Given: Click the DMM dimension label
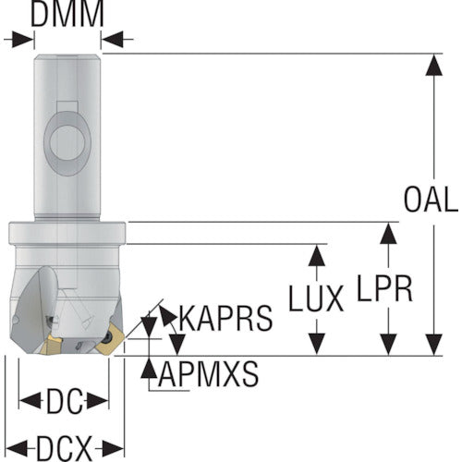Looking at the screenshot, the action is click(67, 15).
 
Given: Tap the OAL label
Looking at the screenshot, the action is click(431, 200).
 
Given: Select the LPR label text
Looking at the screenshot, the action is click(384, 288).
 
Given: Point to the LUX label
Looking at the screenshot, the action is click(316, 298).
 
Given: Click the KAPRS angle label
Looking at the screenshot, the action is click(225, 318).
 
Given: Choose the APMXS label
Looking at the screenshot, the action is click(208, 373).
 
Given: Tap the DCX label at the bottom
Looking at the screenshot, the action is click(64, 448).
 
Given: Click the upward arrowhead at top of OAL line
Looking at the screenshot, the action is click(434, 65).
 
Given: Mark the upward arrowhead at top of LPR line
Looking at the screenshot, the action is click(388, 234).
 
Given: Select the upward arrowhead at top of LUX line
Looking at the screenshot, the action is click(317, 255).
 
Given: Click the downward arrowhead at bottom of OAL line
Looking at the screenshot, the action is click(434, 345).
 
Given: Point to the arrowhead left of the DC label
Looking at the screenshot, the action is click(30, 401).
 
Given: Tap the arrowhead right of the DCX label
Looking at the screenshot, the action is click(113, 448).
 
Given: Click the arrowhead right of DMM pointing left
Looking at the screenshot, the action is click(112, 39).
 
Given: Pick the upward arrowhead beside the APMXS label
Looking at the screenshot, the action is click(149, 368).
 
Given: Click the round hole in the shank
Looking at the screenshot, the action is click(67, 142).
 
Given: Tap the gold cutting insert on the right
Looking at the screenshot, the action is click(110, 341).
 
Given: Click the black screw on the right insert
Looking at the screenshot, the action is click(109, 337).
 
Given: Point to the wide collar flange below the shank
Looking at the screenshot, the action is click(67, 233).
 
